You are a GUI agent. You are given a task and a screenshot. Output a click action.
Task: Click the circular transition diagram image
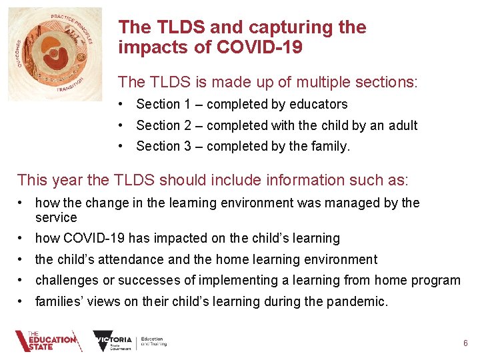55,55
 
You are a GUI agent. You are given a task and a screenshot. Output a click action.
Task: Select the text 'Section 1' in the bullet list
158,104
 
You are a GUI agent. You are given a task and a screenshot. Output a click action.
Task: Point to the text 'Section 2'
158,125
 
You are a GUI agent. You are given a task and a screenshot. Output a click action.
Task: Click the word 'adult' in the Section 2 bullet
401,125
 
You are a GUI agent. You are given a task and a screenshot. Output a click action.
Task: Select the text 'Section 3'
158,146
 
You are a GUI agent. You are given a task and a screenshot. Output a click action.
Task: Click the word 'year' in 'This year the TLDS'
67,179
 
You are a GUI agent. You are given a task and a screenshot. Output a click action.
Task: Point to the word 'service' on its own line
56,218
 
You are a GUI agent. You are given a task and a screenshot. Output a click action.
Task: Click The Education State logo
47,341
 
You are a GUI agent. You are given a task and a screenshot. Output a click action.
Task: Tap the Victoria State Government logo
130,341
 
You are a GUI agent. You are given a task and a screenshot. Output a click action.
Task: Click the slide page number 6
465,343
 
